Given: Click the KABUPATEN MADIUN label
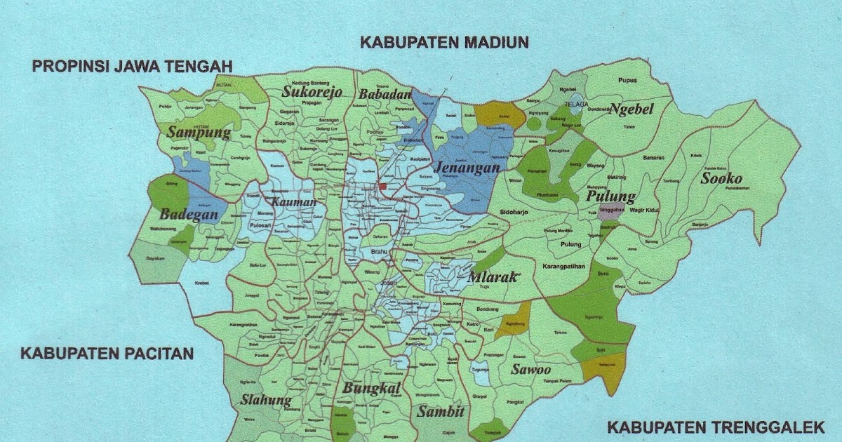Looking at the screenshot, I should (444, 43).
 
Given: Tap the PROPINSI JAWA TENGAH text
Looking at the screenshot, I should (132, 67).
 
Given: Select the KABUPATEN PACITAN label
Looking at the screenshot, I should (107, 353).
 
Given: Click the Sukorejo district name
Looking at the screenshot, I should (312, 92).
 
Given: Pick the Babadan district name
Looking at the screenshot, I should (384, 95).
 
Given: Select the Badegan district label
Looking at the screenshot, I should (189, 215).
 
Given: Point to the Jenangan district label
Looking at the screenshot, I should (467, 168).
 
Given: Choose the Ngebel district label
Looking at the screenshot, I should (631, 109).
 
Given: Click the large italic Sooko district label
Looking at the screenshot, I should (725, 178).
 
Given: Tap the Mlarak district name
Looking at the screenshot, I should (492, 277).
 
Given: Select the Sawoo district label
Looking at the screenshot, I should (530, 370).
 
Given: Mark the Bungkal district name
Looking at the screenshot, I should (371, 389).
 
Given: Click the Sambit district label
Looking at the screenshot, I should (441, 412).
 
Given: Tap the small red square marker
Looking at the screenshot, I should (382, 187).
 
